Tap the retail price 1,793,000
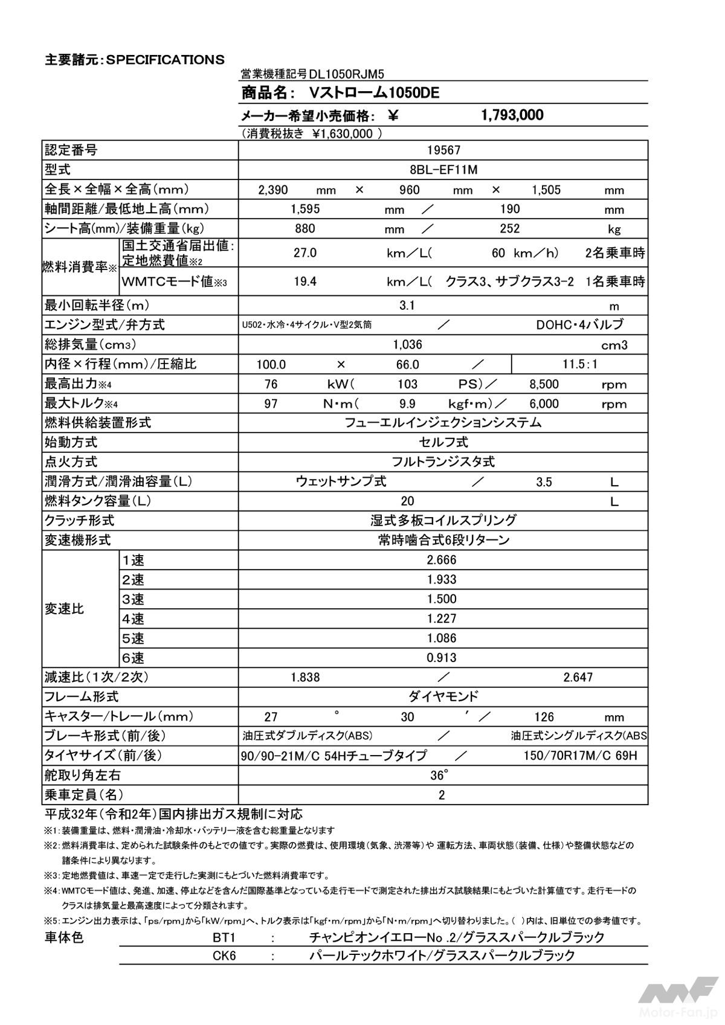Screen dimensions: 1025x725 [512, 115]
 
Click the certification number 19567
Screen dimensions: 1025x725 [443, 150]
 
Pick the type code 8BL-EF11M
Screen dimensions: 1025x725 [443, 170]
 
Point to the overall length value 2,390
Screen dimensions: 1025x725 [273, 190]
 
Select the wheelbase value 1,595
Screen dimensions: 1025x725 [304, 209]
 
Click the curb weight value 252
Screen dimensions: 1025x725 [509, 228]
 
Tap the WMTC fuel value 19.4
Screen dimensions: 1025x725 [304, 281]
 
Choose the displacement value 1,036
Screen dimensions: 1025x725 [407, 344]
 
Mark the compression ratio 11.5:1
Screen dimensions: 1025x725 [579, 364]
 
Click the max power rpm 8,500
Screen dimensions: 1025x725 [544, 384]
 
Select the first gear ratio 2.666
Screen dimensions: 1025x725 [442, 560]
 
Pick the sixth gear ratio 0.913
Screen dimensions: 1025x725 [442, 658]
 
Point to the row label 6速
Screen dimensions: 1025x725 [133, 658]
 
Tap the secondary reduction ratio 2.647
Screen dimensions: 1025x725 [578, 677]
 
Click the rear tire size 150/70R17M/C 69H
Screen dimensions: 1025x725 [580, 756]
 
